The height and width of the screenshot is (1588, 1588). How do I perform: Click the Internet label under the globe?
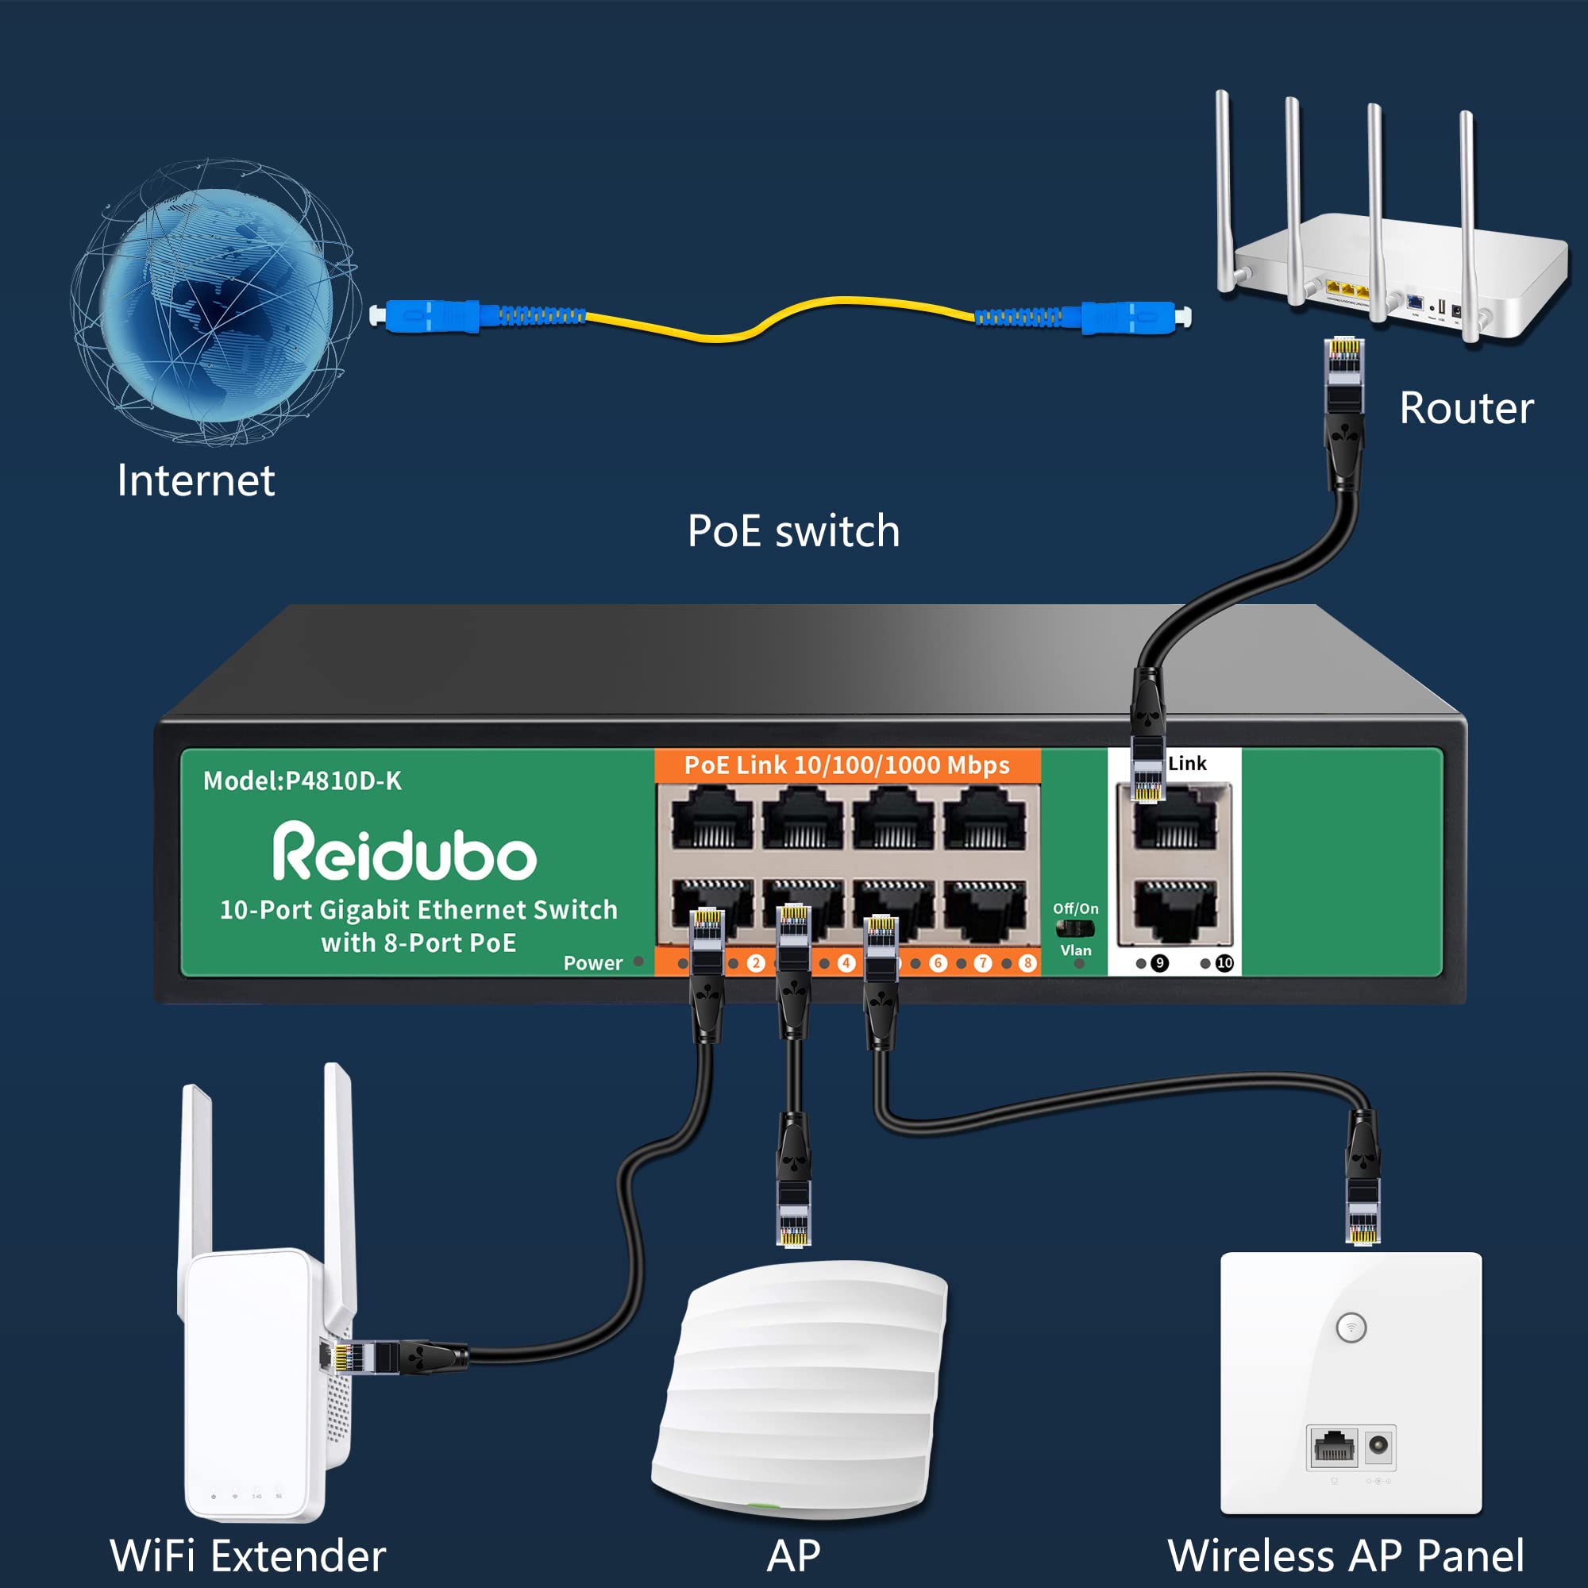[195, 481]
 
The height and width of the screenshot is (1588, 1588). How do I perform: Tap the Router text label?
[1466, 408]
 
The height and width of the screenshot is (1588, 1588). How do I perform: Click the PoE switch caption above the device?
[793, 531]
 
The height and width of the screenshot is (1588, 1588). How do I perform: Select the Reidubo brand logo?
[404, 851]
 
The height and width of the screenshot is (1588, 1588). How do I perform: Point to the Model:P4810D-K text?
[303, 781]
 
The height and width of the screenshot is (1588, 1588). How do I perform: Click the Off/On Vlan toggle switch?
[1075, 929]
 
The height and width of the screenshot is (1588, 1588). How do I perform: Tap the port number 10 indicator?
[1224, 962]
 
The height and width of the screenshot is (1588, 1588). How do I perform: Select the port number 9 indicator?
[1159, 962]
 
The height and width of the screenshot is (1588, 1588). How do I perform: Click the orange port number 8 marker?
[1027, 962]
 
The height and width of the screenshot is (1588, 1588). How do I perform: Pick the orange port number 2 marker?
[756, 962]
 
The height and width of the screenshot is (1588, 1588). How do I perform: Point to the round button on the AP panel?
[1351, 1327]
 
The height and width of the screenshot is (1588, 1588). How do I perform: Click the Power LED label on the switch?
[593, 962]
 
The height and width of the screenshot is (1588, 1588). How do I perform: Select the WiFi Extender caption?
[248, 1556]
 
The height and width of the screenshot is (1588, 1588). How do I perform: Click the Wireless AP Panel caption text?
[1346, 1556]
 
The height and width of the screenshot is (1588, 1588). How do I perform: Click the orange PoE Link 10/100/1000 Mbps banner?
[846, 765]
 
